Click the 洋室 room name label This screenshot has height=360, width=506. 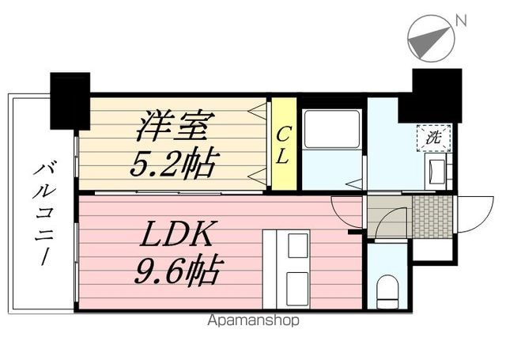point(176,126)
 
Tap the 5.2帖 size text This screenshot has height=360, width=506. point(174,164)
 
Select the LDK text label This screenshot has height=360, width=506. point(176,234)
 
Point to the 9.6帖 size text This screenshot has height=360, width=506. point(179,271)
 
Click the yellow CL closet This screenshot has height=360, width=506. point(284,144)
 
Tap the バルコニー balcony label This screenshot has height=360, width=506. point(43,214)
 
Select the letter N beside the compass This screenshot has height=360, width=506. point(461,21)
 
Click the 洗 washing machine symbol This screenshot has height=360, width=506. point(433,138)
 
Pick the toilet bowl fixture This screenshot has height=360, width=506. point(387,291)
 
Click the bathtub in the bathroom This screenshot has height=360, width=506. point(332,129)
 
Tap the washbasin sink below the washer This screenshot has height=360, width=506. point(436,171)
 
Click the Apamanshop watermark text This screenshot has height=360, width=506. point(253,320)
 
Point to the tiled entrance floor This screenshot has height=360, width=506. point(432,216)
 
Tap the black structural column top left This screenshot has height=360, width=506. point(70,101)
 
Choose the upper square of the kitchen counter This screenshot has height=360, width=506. point(297,245)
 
